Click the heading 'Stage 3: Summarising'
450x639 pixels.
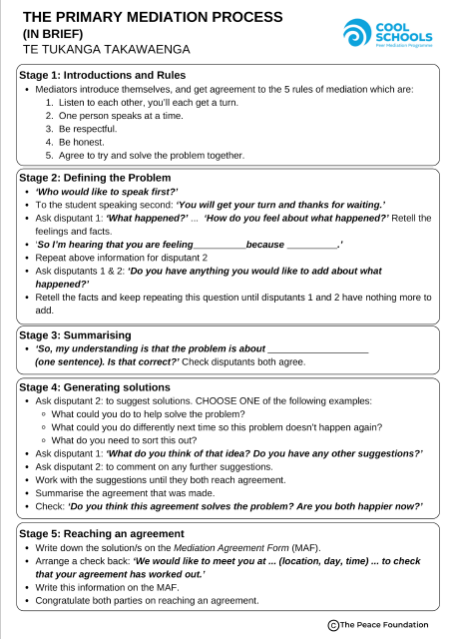(75, 335)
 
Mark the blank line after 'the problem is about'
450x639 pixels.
(318, 350)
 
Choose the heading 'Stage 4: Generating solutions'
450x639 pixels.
(95, 386)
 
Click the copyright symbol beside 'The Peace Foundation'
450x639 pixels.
(332, 624)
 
